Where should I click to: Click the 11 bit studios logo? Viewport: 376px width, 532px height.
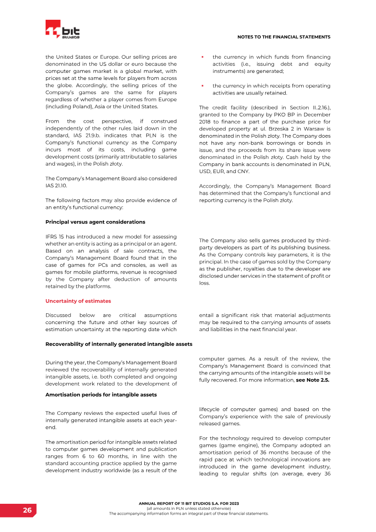[x=63, y=30]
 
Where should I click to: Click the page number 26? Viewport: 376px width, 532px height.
[x=28, y=510]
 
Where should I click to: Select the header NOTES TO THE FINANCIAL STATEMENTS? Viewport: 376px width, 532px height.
[x=284, y=37]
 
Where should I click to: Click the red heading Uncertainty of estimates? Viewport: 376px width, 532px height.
[x=78, y=301]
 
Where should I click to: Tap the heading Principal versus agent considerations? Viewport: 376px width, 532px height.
[x=95, y=222]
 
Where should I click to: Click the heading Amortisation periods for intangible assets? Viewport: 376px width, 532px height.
[x=101, y=394]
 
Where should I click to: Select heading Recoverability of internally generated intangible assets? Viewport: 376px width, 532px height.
[x=118, y=344]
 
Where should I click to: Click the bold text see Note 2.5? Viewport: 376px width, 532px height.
[x=313, y=380]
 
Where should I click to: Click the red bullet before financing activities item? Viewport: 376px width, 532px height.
[x=202, y=57]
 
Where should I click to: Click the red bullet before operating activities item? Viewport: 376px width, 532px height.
[x=202, y=86]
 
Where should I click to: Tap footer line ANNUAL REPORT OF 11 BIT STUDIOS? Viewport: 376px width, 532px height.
[x=188, y=503]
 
